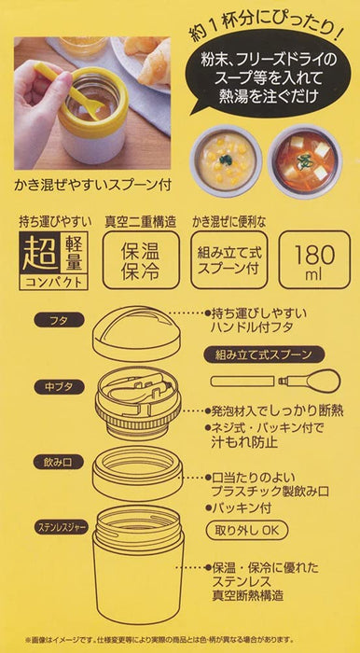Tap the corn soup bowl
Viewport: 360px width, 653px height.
click(x=225, y=160)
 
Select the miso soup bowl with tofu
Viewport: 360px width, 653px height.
click(x=305, y=160)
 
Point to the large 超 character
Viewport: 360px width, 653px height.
click(x=40, y=253)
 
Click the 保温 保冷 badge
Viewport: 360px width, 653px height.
click(x=141, y=259)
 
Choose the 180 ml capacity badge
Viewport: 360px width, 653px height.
click(x=314, y=259)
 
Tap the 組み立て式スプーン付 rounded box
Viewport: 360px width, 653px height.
click(x=229, y=259)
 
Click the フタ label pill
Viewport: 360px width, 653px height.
click(x=59, y=320)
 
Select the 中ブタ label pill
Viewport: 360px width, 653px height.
click(x=59, y=386)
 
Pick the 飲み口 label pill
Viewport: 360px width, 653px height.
click(x=59, y=462)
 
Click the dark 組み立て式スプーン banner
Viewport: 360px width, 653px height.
click(x=264, y=354)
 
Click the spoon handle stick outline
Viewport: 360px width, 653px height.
click(x=242, y=381)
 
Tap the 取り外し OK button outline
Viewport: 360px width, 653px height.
click(x=247, y=531)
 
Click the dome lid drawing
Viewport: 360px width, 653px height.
click(x=137, y=333)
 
